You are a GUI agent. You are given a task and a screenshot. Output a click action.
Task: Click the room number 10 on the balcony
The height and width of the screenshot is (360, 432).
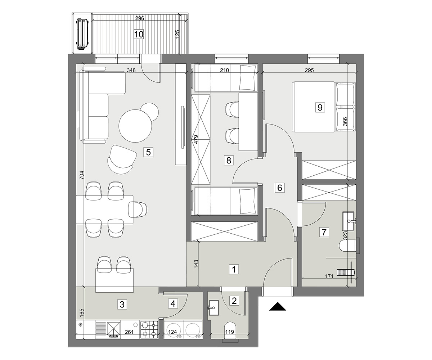(139, 34)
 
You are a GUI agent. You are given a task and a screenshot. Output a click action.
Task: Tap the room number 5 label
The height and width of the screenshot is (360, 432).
(148, 153)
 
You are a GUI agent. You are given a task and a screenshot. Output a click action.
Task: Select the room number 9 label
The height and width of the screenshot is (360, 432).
(320, 107)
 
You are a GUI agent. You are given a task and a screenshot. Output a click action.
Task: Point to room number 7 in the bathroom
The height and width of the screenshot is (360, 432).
(324, 232)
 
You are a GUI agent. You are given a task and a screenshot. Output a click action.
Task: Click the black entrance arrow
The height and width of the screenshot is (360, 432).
(278, 306)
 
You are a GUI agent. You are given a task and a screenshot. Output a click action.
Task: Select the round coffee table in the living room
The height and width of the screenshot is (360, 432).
(135, 126)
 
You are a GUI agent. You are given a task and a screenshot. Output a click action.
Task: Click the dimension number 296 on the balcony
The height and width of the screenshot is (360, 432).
(140, 18)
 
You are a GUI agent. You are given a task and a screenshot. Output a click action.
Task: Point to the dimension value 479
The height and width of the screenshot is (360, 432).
(196, 139)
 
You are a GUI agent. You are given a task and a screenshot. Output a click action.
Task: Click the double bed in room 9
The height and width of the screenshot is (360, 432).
(324, 107)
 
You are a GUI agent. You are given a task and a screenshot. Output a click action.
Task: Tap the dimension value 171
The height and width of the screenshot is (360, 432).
(329, 276)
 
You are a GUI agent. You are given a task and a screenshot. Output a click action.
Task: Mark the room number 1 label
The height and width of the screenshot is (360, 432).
(234, 270)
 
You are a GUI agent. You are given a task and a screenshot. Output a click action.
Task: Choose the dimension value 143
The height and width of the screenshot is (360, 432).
(196, 264)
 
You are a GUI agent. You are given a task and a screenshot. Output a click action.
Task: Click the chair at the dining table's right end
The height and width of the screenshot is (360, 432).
(138, 210)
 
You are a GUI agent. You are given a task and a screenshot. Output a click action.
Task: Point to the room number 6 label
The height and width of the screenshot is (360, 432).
(279, 188)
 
